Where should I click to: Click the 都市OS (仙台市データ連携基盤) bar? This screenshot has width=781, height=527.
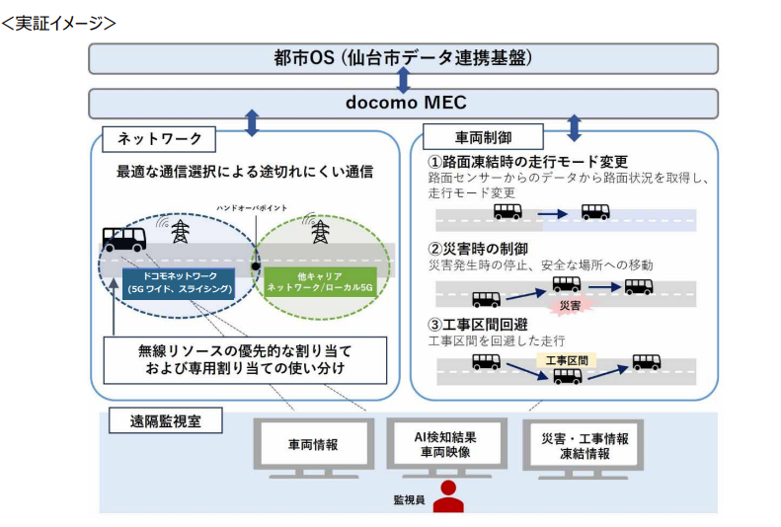[x=403, y=58]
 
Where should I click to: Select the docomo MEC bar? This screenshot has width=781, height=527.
[x=403, y=103]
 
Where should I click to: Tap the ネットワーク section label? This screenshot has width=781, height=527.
[x=159, y=137]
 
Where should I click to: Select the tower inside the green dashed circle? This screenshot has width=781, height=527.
[x=319, y=232]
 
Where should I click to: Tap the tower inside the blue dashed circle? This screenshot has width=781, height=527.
[x=180, y=232]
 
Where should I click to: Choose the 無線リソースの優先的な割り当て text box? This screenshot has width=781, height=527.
[x=245, y=361]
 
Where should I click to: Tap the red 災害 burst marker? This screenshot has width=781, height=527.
[x=570, y=305]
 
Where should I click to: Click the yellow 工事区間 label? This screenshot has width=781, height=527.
[x=567, y=361]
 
